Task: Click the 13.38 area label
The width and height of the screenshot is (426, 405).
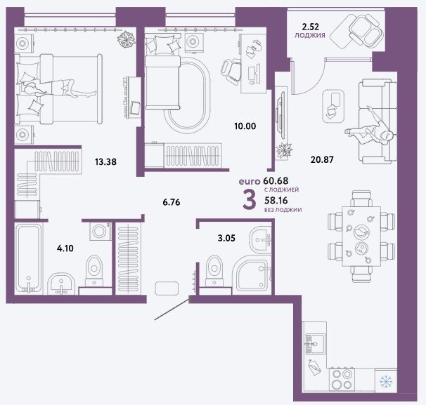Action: click(105, 162)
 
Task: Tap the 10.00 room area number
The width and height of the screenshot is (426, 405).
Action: click(245, 126)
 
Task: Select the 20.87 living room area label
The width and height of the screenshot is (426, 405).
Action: click(322, 159)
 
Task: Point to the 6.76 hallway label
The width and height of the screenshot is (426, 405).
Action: click(172, 202)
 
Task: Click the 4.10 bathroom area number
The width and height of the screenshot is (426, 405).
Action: click(65, 248)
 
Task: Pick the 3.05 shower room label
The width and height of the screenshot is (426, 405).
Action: click(226, 238)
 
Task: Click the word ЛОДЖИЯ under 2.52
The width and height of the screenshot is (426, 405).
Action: click(310, 35)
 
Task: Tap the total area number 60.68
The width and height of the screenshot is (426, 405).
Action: click(276, 180)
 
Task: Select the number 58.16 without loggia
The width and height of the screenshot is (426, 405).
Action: click(276, 201)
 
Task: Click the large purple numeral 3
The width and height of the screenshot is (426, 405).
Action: click(249, 200)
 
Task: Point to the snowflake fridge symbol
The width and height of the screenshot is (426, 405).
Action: click(386, 382)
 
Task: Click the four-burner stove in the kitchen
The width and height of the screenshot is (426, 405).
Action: click(342, 379)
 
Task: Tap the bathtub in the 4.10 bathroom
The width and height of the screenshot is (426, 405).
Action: click(29, 258)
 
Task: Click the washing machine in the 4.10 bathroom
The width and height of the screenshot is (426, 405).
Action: click(101, 231)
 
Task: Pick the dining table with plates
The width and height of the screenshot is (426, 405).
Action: click(361, 237)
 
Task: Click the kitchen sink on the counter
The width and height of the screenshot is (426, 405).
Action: click(315, 343)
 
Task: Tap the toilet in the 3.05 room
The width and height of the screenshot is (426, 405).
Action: click(214, 271)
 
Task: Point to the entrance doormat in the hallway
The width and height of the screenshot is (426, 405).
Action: click(167, 288)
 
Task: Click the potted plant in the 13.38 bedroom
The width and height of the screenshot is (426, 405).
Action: click(126, 39)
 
